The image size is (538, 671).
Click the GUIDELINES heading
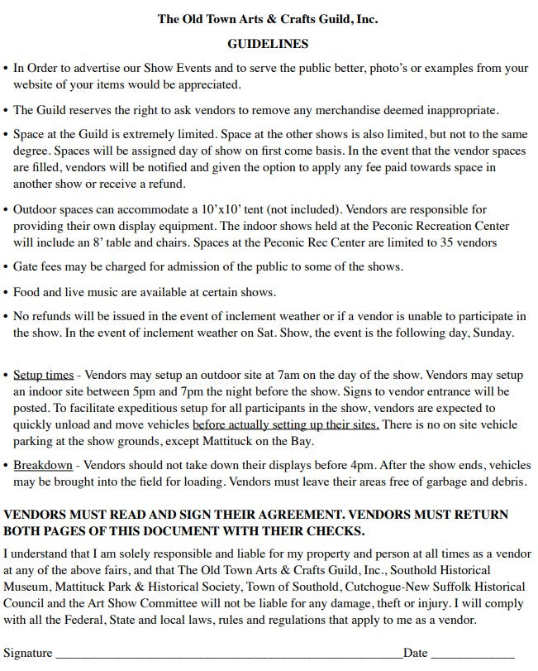point(268,44)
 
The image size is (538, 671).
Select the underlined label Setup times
point(43,375)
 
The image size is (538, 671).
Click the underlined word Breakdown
point(42,466)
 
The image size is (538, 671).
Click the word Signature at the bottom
point(27,653)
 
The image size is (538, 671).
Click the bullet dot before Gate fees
point(7,268)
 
